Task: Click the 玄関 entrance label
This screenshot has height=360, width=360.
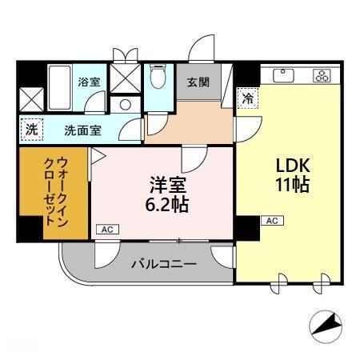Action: [198, 81]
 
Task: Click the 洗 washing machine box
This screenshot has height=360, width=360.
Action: [30, 128]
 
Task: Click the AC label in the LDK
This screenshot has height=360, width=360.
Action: [270, 220]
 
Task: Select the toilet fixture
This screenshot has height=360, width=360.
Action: [158, 78]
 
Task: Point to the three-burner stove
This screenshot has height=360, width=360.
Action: [322, 76]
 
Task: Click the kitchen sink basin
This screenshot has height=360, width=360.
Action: [283, 76]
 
